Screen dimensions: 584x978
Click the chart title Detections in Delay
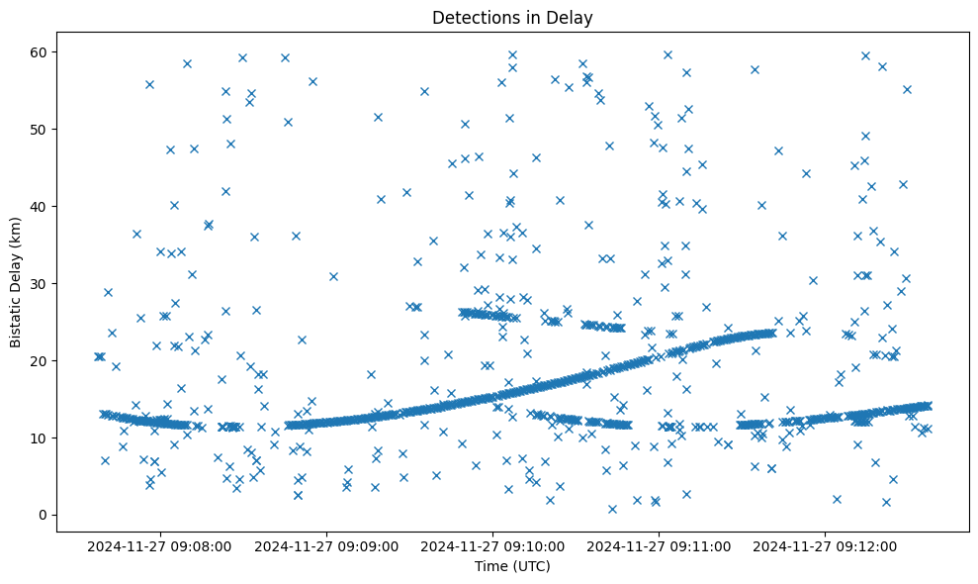[512, 17]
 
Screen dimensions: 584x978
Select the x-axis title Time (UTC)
[512, 567]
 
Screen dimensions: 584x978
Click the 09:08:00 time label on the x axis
[159, 545]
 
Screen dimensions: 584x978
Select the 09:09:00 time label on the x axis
[326, 545]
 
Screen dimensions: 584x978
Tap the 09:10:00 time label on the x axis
[493, 545]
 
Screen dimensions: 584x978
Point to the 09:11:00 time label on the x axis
[661, 545]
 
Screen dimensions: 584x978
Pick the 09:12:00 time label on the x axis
[828, 545]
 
